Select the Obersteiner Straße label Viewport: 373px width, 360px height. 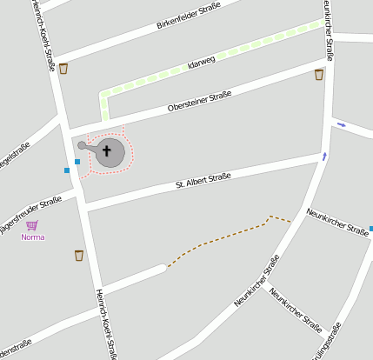pos(199,99)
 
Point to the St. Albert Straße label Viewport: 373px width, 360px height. pos(203,180)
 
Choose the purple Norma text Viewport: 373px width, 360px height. pos(32,237)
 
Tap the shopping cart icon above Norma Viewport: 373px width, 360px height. pos(32,225)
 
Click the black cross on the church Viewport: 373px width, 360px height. pos(108,151)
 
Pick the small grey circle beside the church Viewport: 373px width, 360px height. pos(82,145)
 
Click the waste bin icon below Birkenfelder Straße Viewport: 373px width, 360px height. pos(63,69)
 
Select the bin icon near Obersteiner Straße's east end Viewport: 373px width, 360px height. pos(319,75)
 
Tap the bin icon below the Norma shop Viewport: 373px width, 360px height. pos(79,255)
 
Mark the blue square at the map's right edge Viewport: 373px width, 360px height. pos(370,229)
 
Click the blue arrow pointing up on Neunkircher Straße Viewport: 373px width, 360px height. pos(324,157)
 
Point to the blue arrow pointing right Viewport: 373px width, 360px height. pos(341,124)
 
